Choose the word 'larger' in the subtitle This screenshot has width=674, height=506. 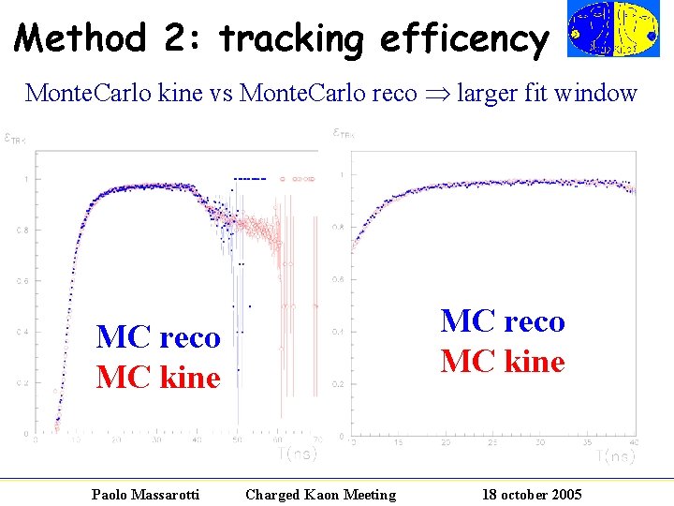pos(492,94)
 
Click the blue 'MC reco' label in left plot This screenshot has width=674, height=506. pos(158,336)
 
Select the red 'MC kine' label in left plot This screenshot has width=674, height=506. pos(158,378)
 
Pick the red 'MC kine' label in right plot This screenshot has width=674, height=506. pos(503,362)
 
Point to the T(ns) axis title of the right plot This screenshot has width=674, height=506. pos(617,455)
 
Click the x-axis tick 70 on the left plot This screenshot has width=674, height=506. pos(315,439)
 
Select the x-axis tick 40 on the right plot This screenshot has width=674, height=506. pos(635,441)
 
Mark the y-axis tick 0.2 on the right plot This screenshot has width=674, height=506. pos(339,384)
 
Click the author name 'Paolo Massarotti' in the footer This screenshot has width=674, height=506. pos(145,494)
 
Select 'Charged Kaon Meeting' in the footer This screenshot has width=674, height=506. pos(320,494)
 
